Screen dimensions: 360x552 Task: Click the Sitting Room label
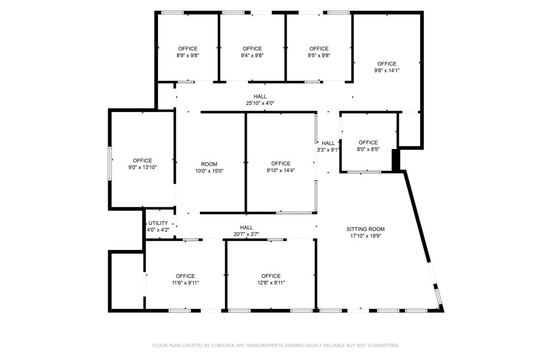[x=365, y=229]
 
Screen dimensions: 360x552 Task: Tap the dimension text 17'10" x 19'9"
[x=365, y=236]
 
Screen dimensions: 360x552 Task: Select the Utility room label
[x=158, y=223]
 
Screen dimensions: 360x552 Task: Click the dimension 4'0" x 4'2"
[x=158, y=230]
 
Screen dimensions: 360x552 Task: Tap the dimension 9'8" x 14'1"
[x=386, y=70]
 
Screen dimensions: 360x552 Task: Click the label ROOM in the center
[x=209, y=164]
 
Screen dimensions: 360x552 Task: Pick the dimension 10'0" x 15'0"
[x=209, y=171]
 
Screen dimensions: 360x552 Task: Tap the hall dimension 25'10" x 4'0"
[x=260, y=103]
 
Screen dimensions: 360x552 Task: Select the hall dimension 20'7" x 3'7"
[x=246, y=234]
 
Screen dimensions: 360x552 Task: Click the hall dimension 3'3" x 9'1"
[x=328, y=149]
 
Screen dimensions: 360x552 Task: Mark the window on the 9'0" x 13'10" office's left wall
[x=110, y=163]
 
